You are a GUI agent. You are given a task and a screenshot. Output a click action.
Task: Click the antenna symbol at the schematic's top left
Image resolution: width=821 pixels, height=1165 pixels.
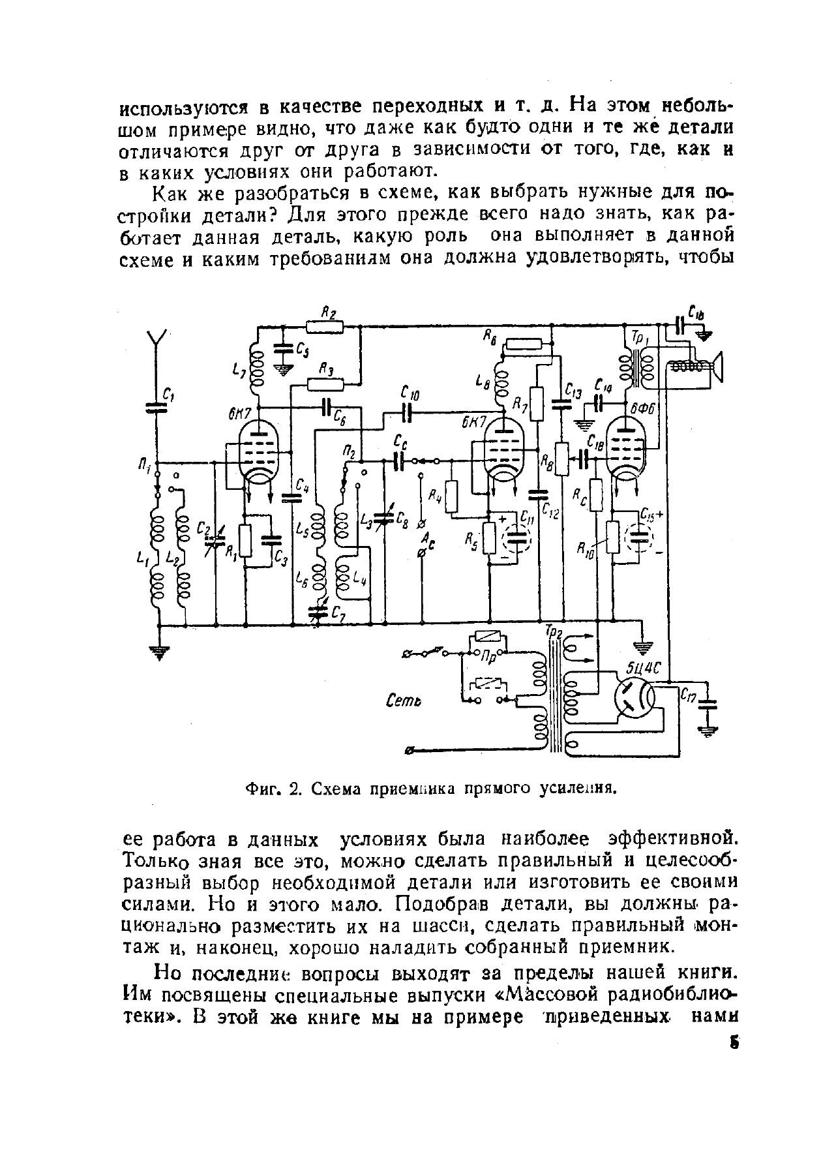tap(156, 340)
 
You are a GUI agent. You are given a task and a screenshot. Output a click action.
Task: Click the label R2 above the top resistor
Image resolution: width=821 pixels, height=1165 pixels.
tap(329, 314)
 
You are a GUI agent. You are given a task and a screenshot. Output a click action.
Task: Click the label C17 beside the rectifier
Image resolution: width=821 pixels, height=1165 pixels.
tap(687, 697)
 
